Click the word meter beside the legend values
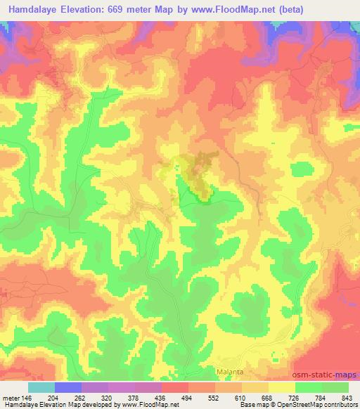pyautogui.click(x=10, y=398)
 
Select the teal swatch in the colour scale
pyautogui.click(x=41, y=387)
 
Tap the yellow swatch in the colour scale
pyautogui.click(x=282, y=387)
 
